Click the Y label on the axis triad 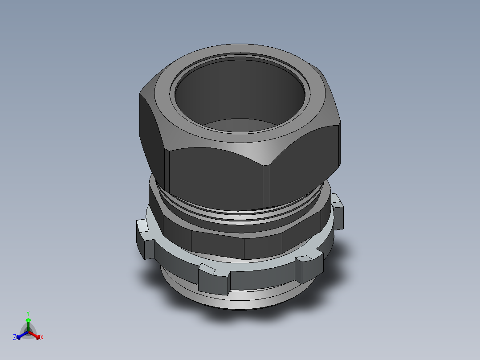[28, 313]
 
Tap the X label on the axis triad [42, 338]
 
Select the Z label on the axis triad [15, 338]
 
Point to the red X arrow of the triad [36, 335]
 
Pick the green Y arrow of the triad [28, 322]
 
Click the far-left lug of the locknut [145, 238]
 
